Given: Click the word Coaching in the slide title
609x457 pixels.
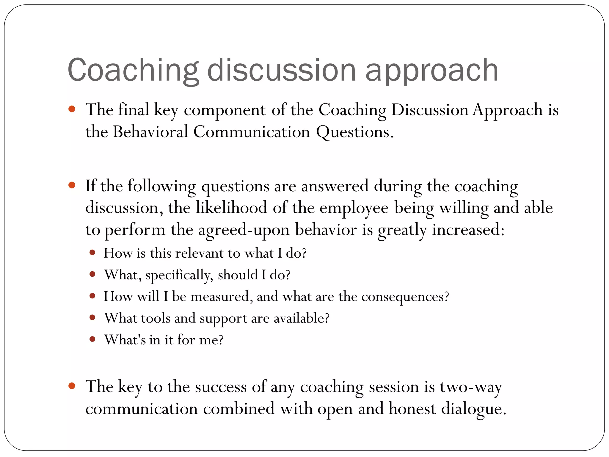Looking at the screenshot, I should pos(133,70).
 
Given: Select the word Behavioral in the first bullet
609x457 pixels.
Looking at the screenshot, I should pos(150,132).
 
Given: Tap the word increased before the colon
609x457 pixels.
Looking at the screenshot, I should pos(468,230).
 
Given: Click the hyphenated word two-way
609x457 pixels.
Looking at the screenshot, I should pos(471,387).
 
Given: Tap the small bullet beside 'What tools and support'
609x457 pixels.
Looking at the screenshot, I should pos(92,317).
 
